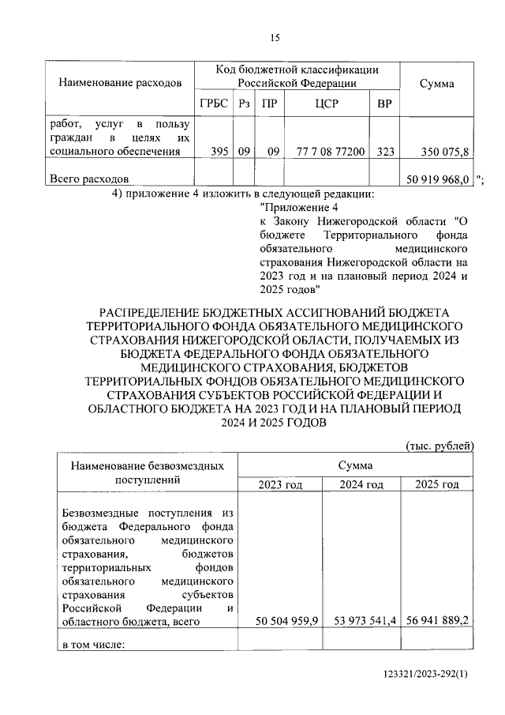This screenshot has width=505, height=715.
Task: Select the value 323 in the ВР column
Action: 385,151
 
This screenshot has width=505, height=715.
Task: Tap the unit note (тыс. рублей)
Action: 439,446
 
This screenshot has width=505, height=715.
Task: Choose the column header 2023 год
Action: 280,484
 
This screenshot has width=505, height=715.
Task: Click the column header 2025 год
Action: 436,484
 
